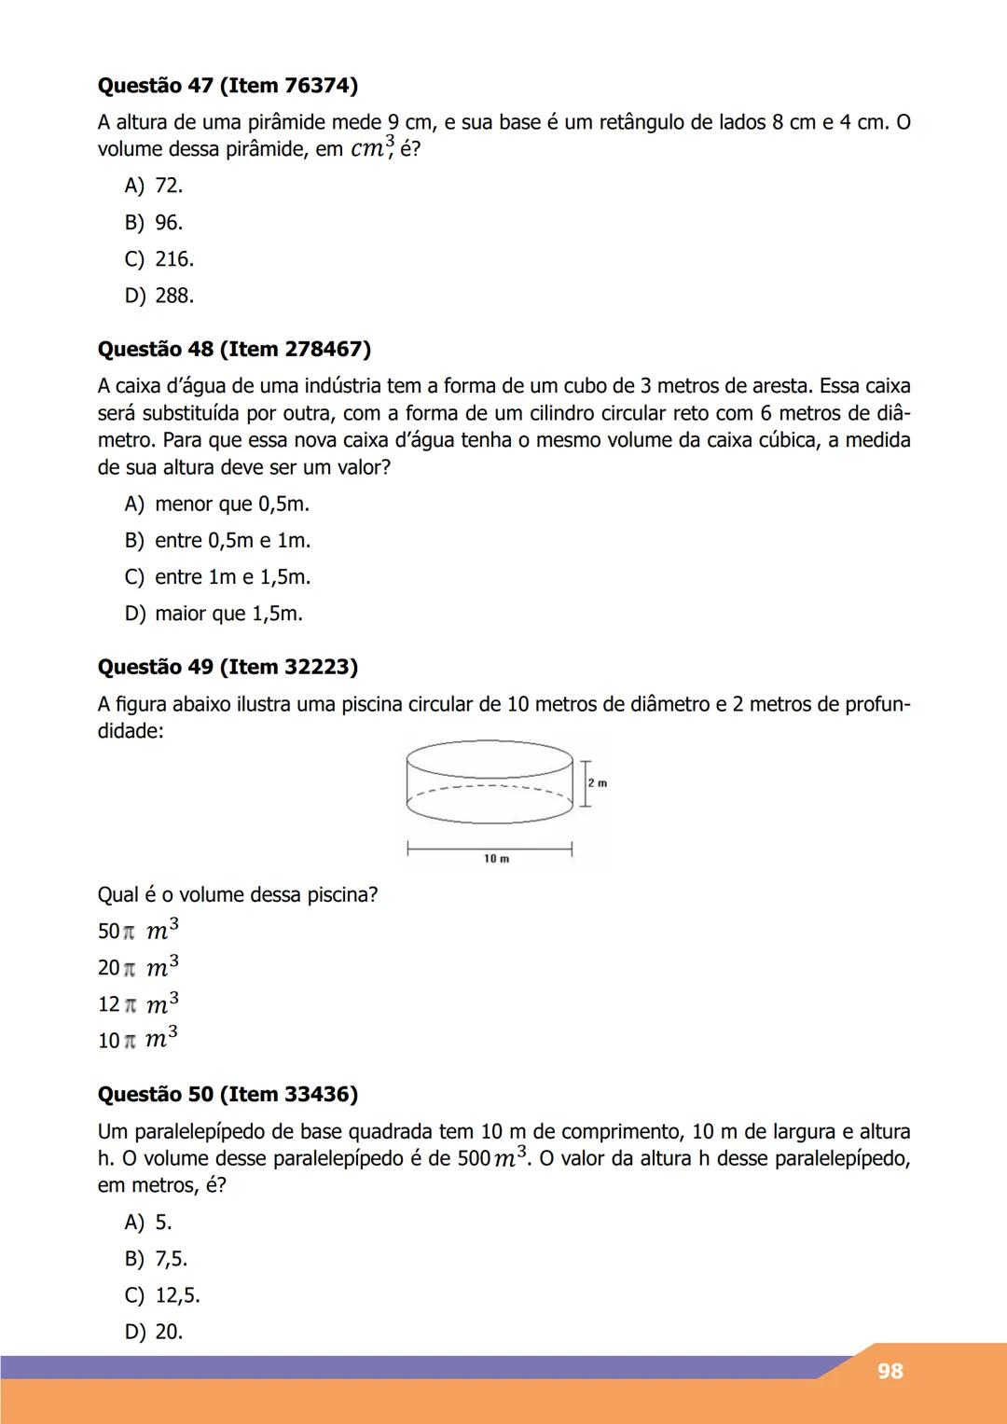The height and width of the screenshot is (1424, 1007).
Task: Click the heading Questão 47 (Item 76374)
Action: pyautogui.click(x=228, y=86)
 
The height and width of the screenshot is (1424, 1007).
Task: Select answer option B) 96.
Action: pyautogui.click(x=154, y=223)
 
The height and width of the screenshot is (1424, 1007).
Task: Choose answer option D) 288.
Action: pyautogui.click(x=159, y=296)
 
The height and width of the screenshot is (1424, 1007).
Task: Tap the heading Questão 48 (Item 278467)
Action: pyautogui.click(x=234, y=350)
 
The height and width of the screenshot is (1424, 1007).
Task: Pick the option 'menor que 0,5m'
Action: pyautogui.click(x=216, y=505)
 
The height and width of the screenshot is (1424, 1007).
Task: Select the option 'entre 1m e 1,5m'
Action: pyautogui.click(x=217, y=577)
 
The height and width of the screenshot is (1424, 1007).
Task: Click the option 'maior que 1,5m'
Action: pyautogui.click(x=214, y=614)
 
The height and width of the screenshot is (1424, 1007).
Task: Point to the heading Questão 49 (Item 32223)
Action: pyautogui.click(x=228, y=668)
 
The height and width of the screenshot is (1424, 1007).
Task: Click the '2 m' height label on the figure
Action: pyautogui.click(x=598, y=783)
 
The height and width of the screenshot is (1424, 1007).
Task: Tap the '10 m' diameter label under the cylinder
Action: pyautogui.click(x=496, y=859)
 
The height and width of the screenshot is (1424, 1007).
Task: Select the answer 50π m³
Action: pyautogui.click(x=138, y=931)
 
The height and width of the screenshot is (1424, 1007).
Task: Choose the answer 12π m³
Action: pyautogui.click(x=138, y=1004)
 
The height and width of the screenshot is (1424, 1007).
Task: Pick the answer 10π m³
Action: pyautogui.click(x=138, y=1040)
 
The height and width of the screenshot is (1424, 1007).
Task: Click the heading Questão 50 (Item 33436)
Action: pyautogui.click(x=228, y=1095)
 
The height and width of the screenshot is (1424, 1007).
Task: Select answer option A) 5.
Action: pyautogui.click(x=148, y=1223)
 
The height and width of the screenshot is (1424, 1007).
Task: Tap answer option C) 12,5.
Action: pyautogui.click(x=162, y=1295)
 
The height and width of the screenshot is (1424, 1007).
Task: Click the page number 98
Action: pyautogui.click(x=890, y=1371)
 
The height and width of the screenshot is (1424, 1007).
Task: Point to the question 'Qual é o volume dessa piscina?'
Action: pyautogui.click(x=238, y=895)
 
